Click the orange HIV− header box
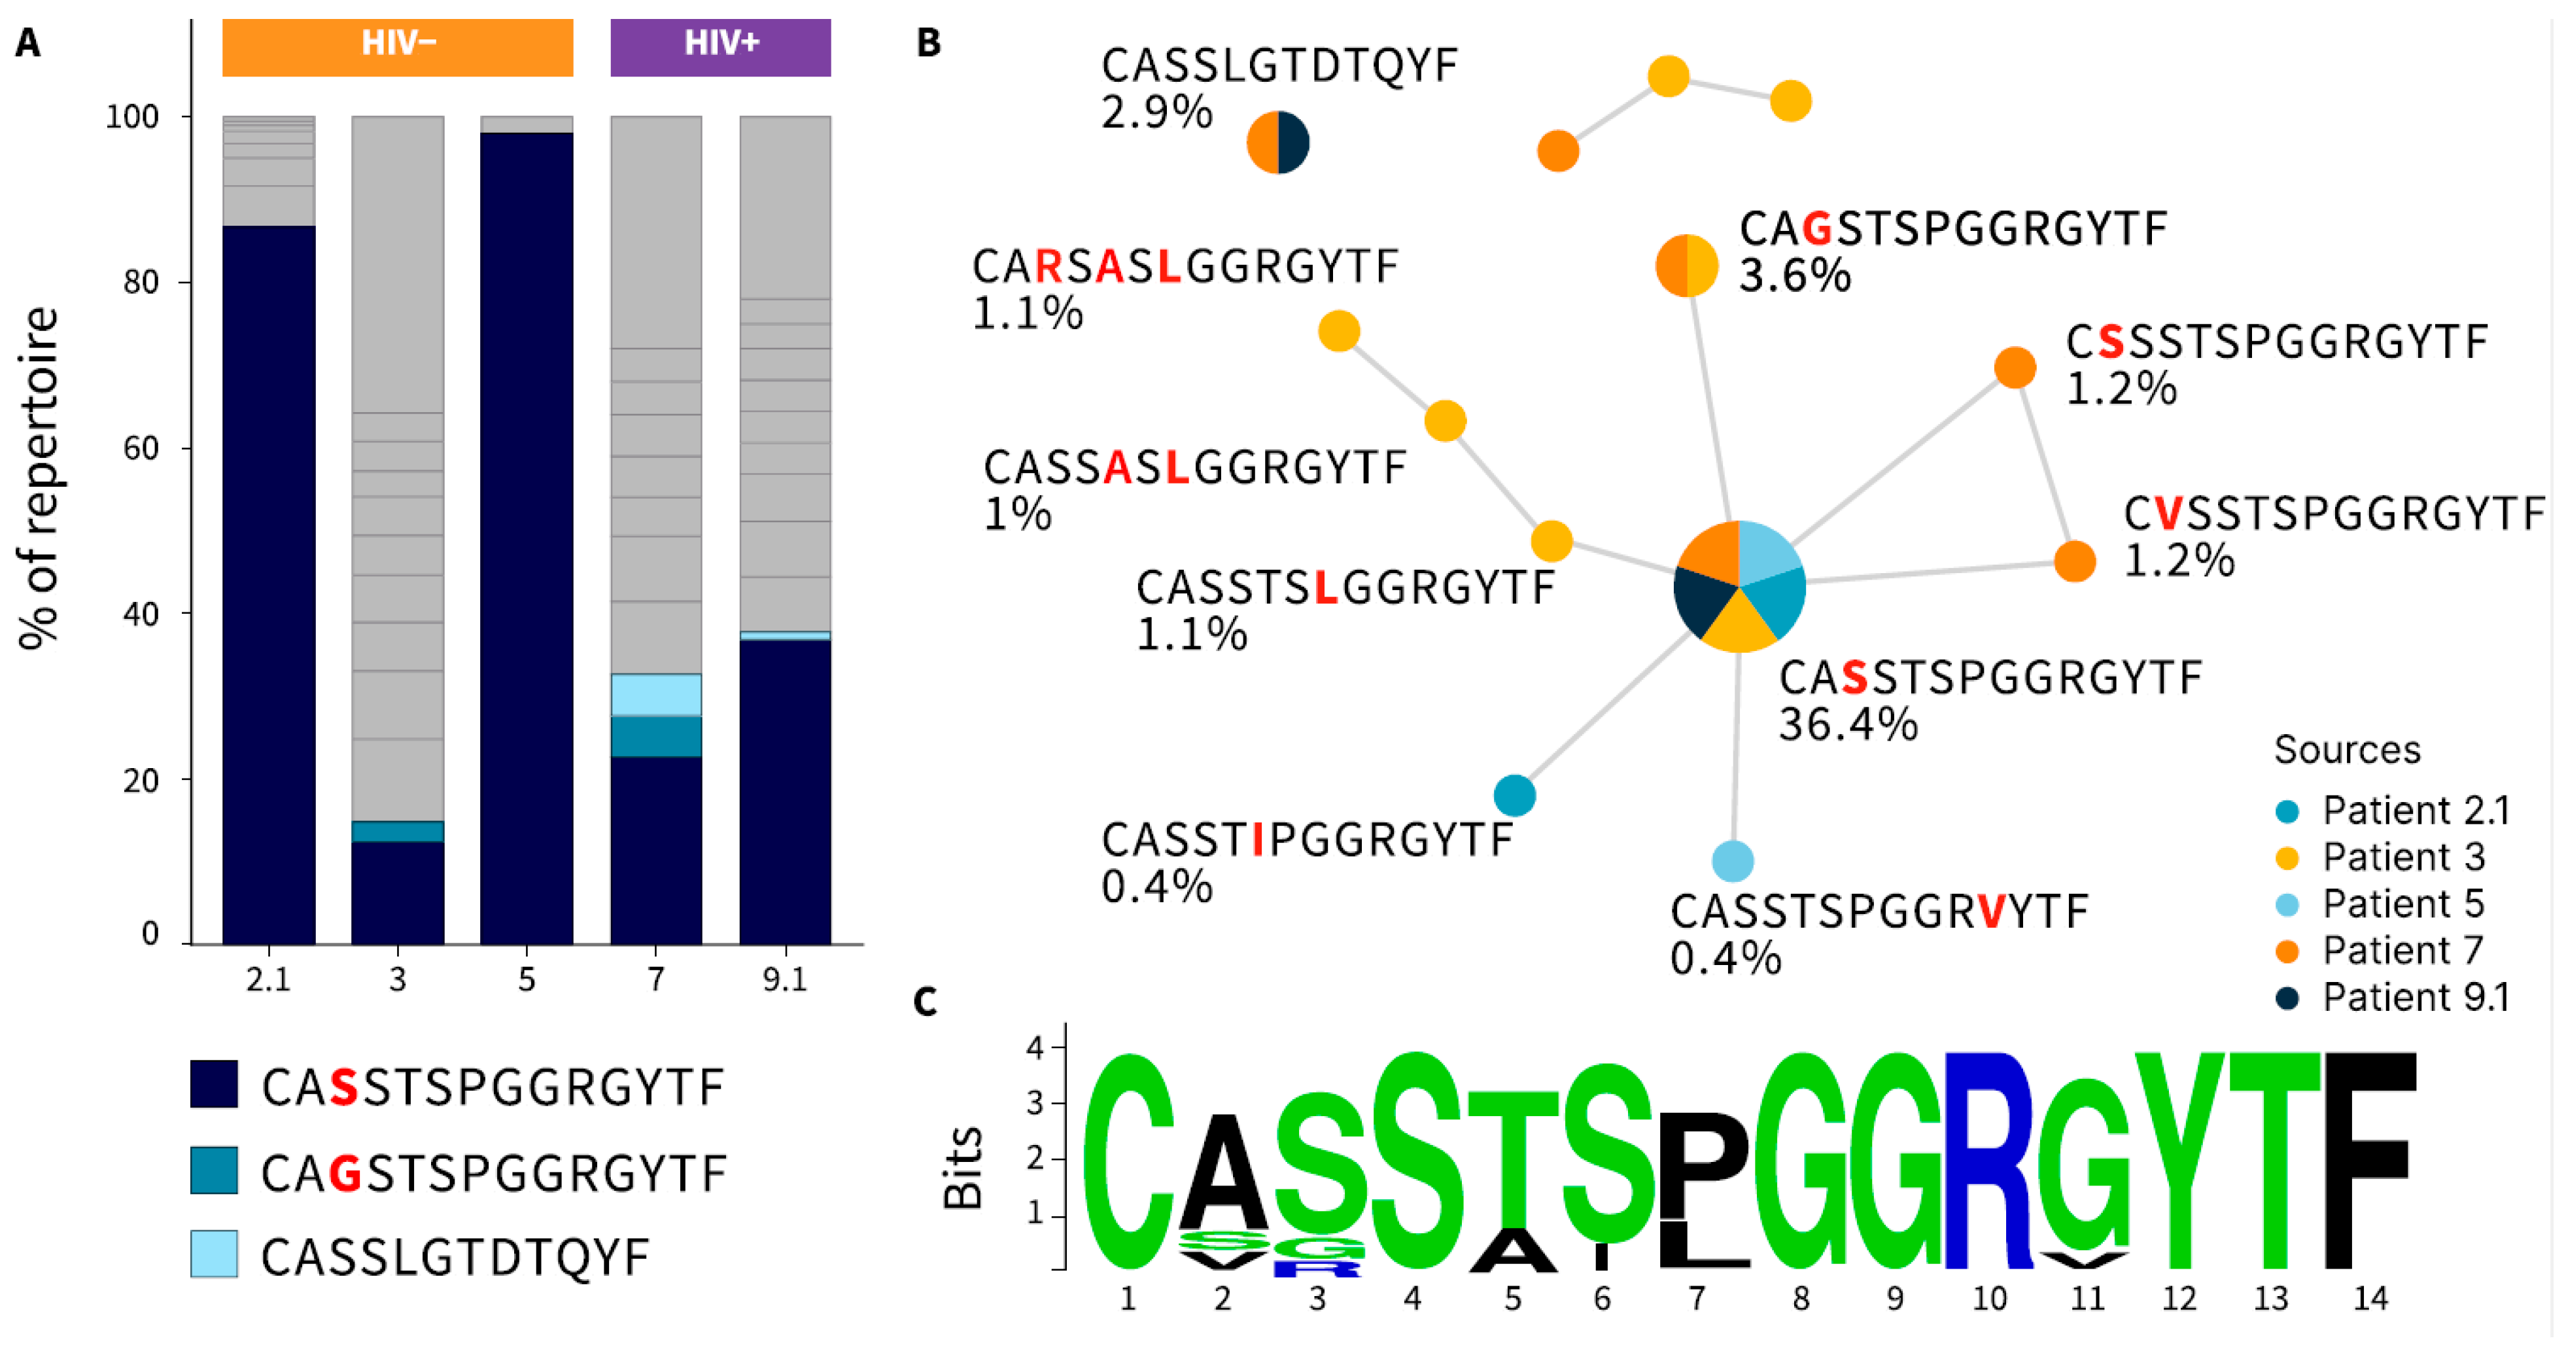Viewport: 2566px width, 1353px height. (398, 47)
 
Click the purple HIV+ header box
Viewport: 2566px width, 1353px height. (720, 47)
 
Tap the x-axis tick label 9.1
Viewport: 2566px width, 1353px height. (785, 980)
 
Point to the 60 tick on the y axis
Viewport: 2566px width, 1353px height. (141, 448)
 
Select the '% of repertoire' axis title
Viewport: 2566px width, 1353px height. (40, 478)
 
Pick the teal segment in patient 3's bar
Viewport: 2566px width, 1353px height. (398, 831)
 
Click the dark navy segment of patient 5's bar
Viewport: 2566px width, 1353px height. (526, 538)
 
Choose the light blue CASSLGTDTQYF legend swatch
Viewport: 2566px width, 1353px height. (214, 1254)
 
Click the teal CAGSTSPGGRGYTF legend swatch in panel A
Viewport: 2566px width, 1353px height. (214, 1170)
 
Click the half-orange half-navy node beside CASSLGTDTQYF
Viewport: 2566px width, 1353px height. (1278, 143)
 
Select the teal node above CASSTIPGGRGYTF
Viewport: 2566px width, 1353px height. (1514, 795)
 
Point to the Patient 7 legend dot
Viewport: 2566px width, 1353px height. (2287, 951)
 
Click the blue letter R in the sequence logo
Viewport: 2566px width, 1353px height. (1988, 1161)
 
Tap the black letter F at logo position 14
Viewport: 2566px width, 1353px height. (2371, 1161)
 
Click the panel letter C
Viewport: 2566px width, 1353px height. (926, 1001)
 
